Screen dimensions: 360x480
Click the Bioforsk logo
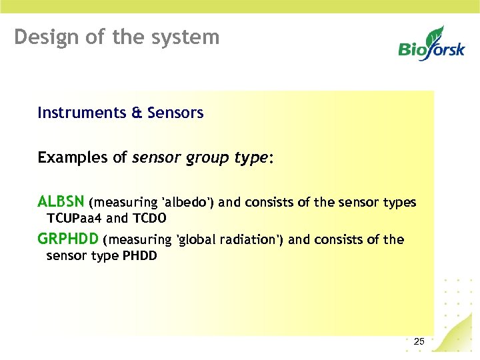[x=431, y=43]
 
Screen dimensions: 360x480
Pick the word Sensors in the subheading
[x=175, y=113]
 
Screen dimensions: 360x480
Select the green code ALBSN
[x=61, y=202]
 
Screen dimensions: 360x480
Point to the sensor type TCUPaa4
[x=75, y=218]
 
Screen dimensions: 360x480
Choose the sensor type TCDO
[x=149, y=218]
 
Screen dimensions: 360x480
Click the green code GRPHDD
[x=68, y=239]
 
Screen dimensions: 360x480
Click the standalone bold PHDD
[x=140, y=255]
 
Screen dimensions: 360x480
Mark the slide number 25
[x=419, y=342]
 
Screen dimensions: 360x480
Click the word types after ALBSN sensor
[x=399, y=203]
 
